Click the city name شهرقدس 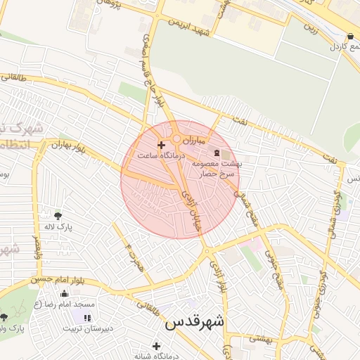coord(195,323)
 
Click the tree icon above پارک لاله coord(58,215)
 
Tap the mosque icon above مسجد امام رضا coord(65,294)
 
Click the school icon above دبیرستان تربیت coord(86,319)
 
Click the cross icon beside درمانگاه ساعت coord(162,144)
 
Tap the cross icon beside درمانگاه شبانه coord(156,346)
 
